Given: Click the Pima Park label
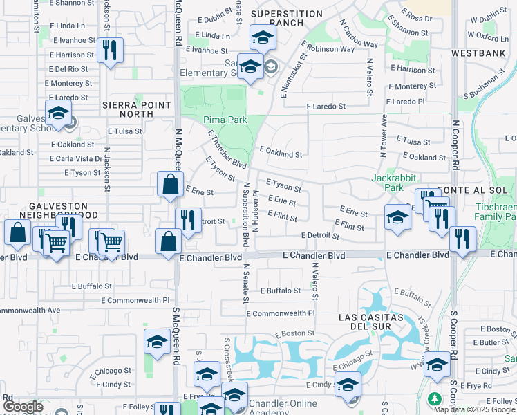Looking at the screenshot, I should point(225,120).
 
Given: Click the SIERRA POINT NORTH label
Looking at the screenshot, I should point(136,109).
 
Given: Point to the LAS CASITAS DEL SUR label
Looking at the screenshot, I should point(370,322).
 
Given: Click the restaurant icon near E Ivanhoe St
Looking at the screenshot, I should point(110,50).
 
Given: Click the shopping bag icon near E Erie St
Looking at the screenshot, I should point(170,185).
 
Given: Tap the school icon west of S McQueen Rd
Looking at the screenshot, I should point(157,342).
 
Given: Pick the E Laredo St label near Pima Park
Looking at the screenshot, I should point(326,107).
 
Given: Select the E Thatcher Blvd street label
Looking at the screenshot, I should point(227,151).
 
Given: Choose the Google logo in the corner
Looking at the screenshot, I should point(23,407).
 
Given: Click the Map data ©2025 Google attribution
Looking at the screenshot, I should point(474,409).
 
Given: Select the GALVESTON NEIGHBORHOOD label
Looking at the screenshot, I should point(58,211).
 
